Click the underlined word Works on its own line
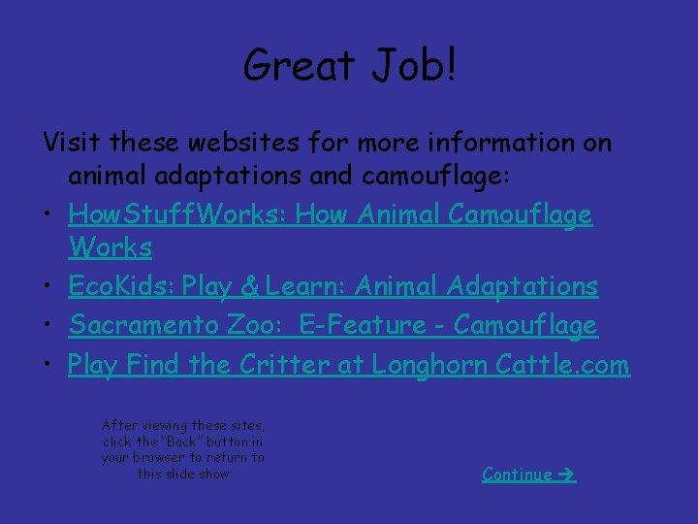point(111,247)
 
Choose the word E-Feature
point(363,325)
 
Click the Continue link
point(518,474)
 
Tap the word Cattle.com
point(562,365)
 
